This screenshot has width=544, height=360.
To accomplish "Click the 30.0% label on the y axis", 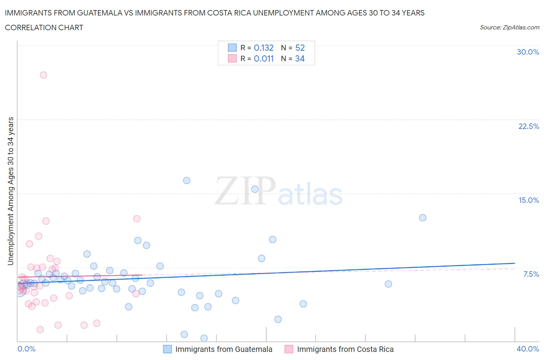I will (528, 52).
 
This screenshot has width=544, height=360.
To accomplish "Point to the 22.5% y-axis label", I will (528, 126).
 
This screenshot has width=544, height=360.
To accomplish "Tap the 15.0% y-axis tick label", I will (529, 200).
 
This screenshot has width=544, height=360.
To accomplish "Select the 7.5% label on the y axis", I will (531, 274).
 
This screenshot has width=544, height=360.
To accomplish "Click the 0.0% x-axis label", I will (26, 349).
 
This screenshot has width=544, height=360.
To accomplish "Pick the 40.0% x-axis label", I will (528, 349).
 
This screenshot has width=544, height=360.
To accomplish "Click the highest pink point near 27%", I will (43, 75).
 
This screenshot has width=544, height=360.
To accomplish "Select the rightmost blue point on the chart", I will (423, 218).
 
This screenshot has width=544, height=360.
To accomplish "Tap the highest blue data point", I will (186, 180).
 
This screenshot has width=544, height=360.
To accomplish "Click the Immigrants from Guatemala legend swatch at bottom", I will (167, 349).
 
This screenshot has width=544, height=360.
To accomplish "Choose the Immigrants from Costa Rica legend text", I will (345, 349).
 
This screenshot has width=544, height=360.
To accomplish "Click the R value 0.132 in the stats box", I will (263, 48).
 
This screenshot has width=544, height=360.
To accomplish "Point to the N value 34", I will (300, 58).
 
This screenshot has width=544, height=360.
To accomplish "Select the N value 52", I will (300, 48).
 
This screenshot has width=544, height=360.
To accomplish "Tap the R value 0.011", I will (263, 58).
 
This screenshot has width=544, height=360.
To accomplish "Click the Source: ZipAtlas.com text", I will (509, 27).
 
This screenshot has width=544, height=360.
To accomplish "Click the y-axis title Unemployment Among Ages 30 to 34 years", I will (10, 191).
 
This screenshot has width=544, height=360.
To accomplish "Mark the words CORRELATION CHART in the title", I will (44, 27).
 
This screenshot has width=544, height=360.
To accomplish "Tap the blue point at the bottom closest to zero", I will (204, 338).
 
